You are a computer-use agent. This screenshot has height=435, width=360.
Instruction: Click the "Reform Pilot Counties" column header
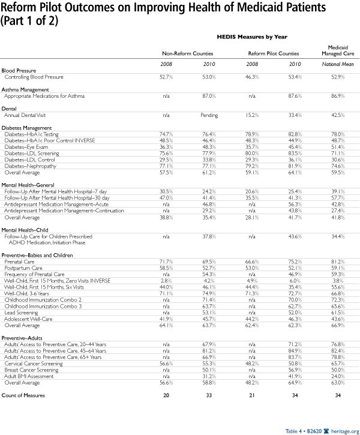[274, 53]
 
